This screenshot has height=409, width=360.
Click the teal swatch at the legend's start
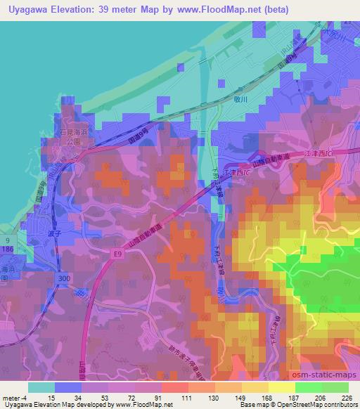pyautogui.click(x=41, y=387)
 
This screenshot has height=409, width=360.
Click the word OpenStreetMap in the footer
pyautogui.click(x=285, y=405)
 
